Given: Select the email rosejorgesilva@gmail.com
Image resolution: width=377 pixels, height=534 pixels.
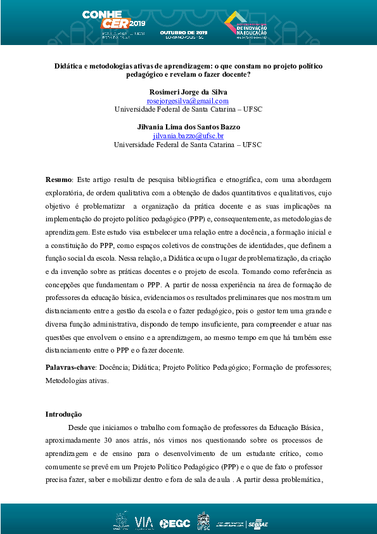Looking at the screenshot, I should click(188, 101).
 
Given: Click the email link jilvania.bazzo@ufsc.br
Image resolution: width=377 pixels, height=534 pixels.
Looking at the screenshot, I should click(188, 136).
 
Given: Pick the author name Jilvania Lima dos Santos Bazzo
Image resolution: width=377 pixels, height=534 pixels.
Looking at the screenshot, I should click(188, 127).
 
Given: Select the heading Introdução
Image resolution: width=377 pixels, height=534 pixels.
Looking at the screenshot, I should click(63, 414).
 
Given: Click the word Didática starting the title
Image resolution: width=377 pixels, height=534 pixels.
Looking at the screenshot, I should click(68, 66).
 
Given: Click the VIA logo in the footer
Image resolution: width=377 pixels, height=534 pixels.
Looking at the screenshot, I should click(144, 522).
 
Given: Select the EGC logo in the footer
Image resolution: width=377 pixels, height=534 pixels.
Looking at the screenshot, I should click(174, 523).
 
